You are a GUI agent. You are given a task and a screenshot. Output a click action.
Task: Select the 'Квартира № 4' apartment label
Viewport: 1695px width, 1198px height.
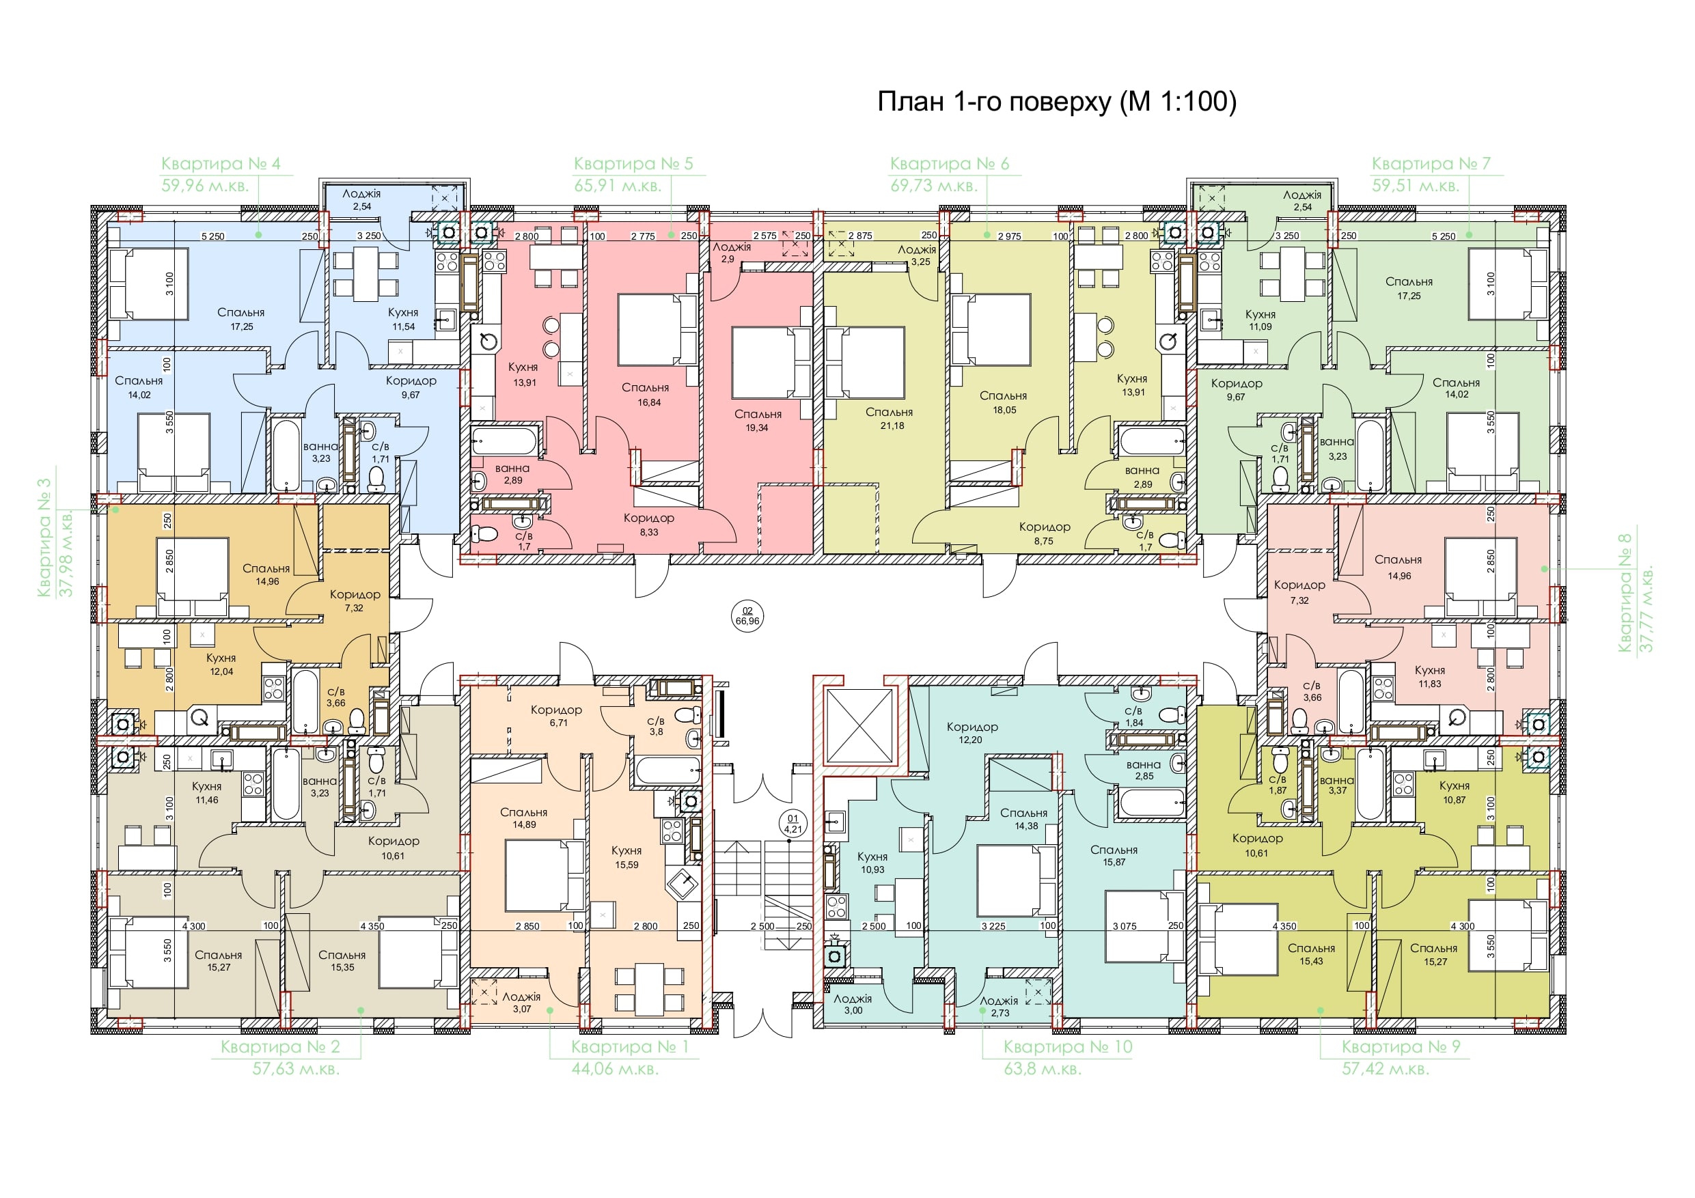[x=221, y=163]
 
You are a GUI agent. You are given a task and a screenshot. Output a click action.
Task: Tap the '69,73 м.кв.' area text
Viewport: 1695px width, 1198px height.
[x=934, y=186]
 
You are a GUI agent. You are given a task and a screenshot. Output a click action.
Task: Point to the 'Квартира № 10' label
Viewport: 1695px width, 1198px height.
[x=1068, y=1046]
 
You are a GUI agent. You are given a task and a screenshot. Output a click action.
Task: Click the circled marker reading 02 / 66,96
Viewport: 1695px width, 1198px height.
[x=747, y=615]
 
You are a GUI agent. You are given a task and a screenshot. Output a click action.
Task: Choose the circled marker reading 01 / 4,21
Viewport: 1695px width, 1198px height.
[x=793, y=824]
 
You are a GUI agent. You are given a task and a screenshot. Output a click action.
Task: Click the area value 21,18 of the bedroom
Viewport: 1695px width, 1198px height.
[x=892, y=426]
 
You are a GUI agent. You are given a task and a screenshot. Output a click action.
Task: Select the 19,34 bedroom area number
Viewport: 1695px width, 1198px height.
[x=757, y=428]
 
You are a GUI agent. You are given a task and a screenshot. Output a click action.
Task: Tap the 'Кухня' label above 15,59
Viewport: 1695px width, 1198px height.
[x=626, y=851]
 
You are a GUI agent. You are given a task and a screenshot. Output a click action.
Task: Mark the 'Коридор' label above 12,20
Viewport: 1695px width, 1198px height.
[x=972, y=727]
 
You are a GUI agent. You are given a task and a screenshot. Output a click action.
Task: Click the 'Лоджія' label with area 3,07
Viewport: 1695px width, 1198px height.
[x=521, y=997]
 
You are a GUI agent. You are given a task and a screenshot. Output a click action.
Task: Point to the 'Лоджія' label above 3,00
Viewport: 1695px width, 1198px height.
[x=853, y=999]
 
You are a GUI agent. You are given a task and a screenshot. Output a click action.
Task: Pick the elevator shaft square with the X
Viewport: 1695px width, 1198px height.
[x=859, y=726]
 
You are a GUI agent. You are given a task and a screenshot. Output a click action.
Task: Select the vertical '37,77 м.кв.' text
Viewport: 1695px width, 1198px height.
[x=1646, y=610]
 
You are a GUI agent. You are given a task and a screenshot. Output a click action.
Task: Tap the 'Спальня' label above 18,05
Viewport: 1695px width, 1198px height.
[x=1004, y=395]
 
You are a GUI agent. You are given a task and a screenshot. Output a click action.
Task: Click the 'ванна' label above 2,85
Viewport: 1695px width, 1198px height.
[x=1144, y=765]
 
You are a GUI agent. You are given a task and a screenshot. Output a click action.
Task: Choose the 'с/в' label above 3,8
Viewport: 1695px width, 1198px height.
[x=656, y=721]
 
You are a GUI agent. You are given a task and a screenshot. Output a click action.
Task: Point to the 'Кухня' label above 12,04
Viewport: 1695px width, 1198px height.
[x=221, y=658]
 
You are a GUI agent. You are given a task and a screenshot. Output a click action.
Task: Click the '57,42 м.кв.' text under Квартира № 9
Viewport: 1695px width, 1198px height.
[x=1386, y=1069]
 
